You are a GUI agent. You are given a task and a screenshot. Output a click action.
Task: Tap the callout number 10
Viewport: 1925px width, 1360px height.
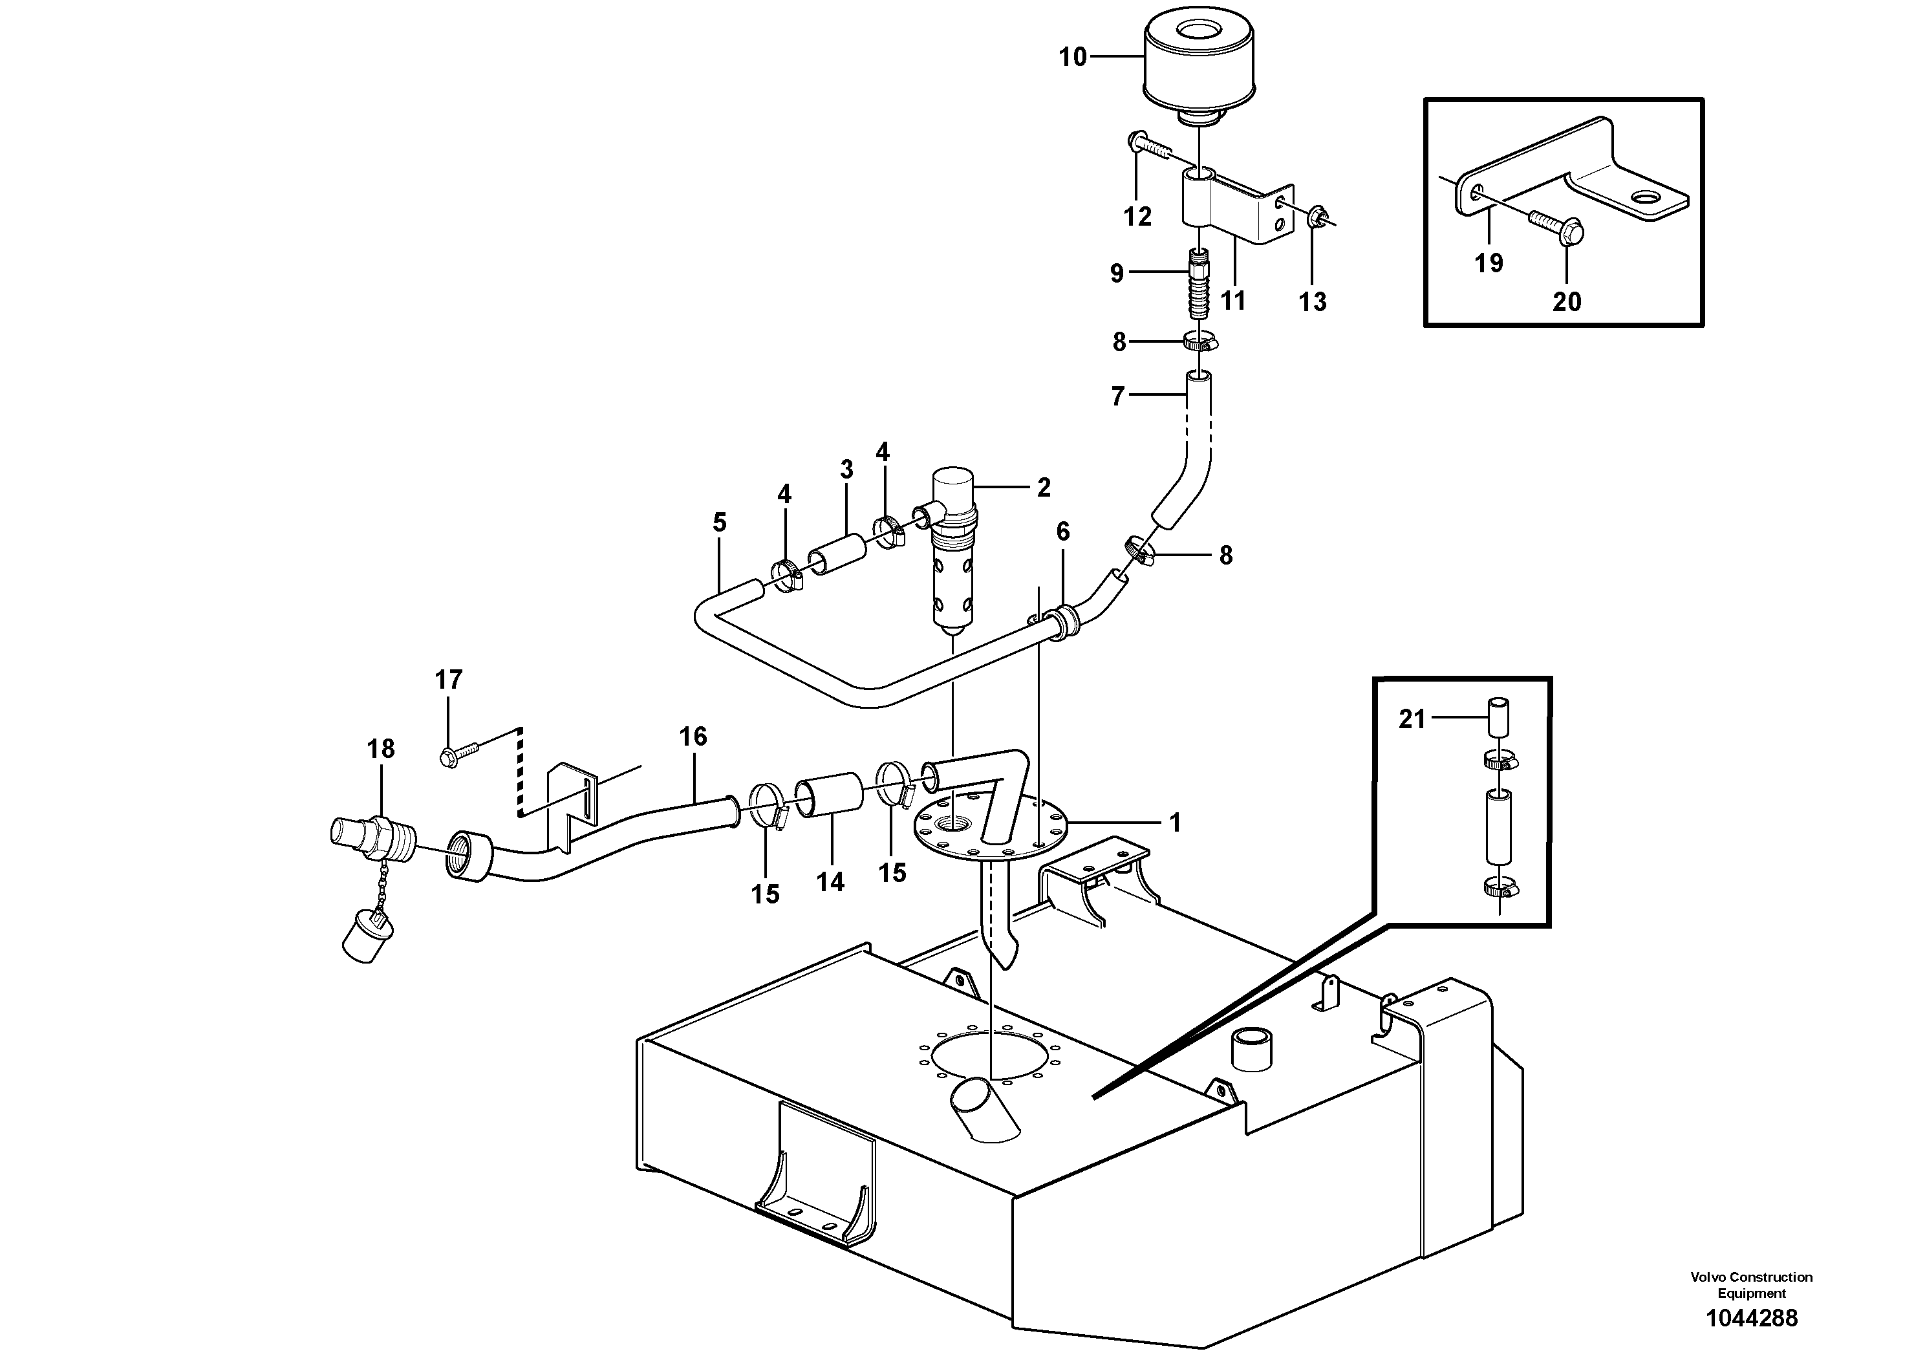[1072, 58]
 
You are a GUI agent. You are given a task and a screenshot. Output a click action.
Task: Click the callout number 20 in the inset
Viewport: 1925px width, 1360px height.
[1566, 302]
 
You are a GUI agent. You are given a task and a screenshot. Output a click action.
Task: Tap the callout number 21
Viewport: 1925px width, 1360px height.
[1412, 719]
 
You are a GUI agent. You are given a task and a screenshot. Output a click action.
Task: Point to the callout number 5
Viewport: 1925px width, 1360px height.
[719, 523]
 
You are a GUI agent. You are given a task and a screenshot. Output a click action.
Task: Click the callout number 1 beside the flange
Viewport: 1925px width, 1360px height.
[1175, 823]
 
